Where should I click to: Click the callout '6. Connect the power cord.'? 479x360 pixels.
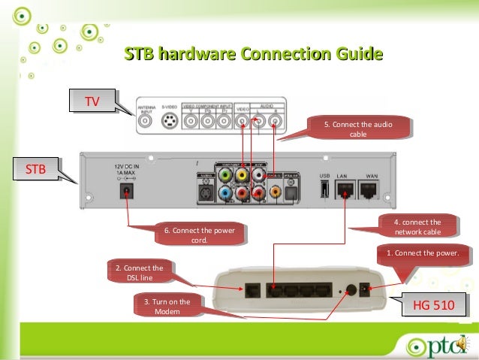[200, 234]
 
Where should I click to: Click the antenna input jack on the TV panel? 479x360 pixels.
[144, 119]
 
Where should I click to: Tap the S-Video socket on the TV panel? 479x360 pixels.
[170, 119]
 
